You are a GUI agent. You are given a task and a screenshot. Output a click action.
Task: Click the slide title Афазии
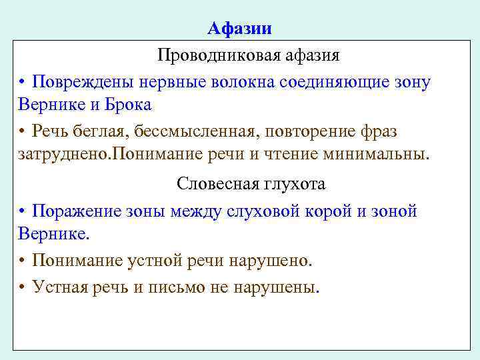tap(239, 28)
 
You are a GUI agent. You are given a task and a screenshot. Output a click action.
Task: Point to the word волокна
tap(247, 82)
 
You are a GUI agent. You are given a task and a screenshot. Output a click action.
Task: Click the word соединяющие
tap(339, 82)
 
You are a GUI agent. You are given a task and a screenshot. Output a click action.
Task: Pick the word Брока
tap(129, 105)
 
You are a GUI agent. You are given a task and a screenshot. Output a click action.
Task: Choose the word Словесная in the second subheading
tap(209, 183)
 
